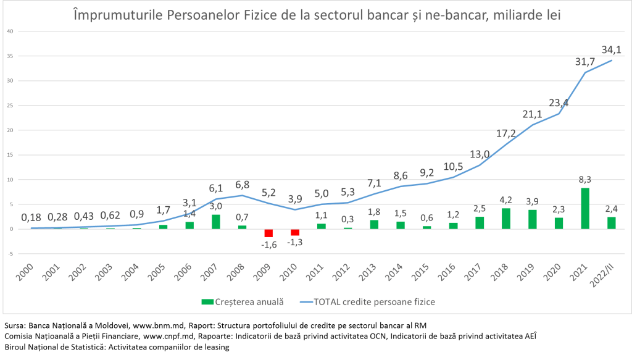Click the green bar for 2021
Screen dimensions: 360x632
coord(584,208)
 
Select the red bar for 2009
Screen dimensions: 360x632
coord(268,233)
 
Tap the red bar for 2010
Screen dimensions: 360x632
coord(295,232)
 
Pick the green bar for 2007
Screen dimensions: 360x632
coord(215,222)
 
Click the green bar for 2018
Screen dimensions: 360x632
coord(505,219)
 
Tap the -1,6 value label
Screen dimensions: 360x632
coord(268,245)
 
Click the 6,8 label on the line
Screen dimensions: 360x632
coord(242,185)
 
